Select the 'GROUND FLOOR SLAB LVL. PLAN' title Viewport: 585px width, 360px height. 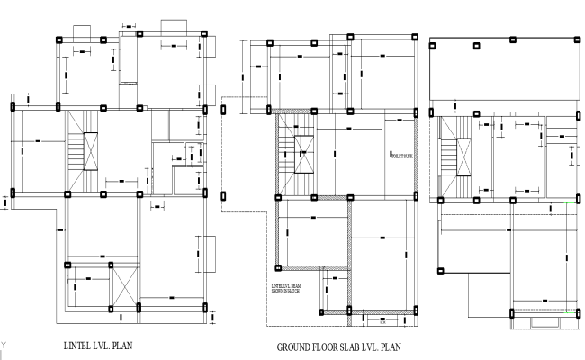click(x=338, y=346)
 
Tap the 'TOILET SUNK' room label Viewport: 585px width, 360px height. click(x=400, y=156)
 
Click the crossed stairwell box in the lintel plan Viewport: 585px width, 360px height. click(x=90, y=151)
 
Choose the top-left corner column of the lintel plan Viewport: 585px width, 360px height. click(x=59, y=40)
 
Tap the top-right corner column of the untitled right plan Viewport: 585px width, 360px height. click(x=577, y=40)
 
